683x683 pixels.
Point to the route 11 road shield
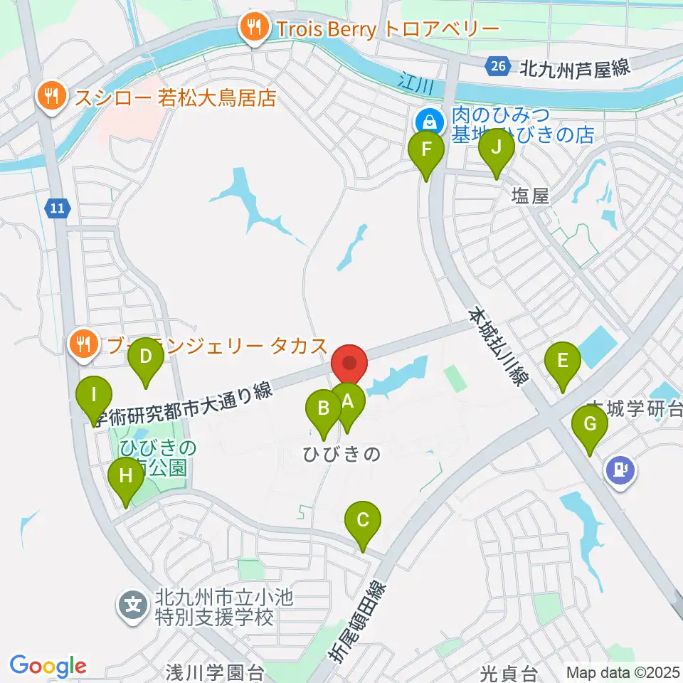click(57, 208)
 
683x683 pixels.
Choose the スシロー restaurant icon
click(51, 96)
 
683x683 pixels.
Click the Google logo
click(48, 666)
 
